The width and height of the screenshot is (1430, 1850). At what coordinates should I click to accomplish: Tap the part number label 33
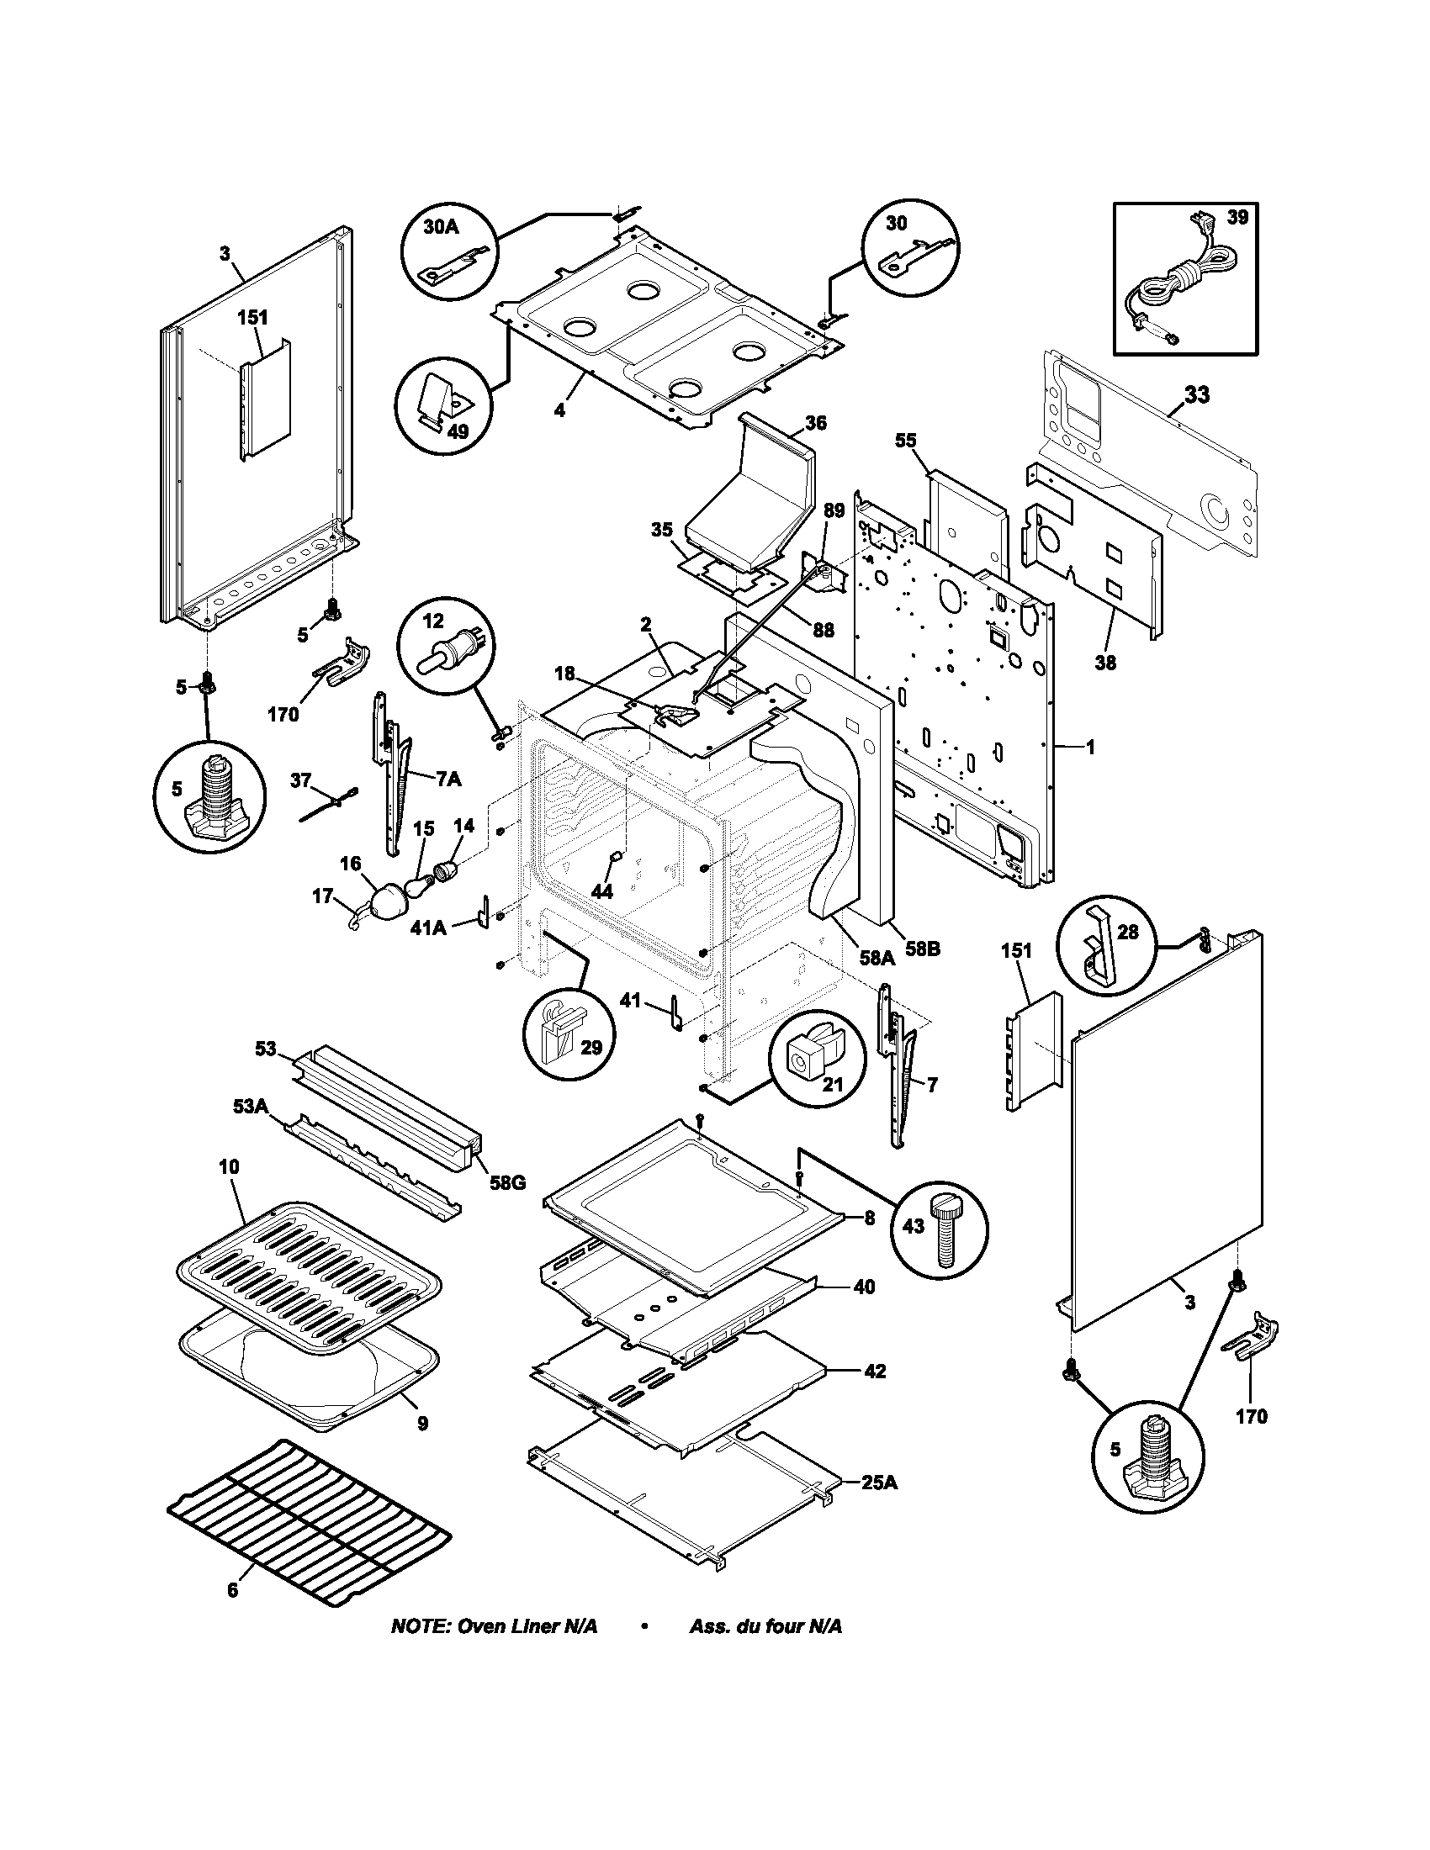pyautogui.click(x=1196, y=394)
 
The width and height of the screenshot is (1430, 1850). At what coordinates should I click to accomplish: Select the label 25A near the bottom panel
pyautogui.click(x=880, y=1483)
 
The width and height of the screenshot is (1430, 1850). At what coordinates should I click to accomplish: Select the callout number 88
pyautogui.click(x=823, y=630)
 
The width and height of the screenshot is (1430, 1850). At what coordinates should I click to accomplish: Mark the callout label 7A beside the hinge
pyautogui.click(x=448, y=780)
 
